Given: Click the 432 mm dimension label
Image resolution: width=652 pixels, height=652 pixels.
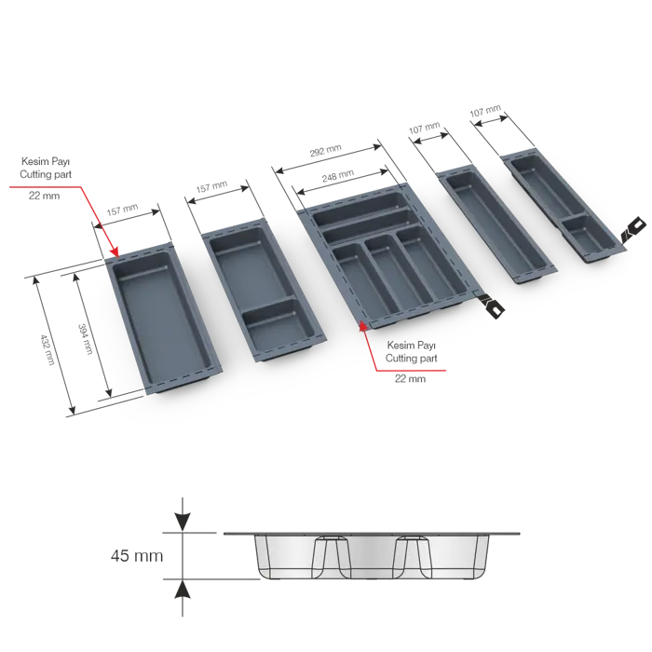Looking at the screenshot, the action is pos(48,349).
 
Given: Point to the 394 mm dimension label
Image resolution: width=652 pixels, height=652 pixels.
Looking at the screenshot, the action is pos(85,339).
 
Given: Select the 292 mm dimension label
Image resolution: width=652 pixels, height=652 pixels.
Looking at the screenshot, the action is pos(326,151).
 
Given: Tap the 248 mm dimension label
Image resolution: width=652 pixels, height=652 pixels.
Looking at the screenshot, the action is pos(338,176).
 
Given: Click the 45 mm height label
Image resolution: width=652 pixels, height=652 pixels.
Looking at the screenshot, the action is pos(137,555).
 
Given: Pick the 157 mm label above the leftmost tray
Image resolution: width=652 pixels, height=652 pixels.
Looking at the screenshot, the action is pos(122,210).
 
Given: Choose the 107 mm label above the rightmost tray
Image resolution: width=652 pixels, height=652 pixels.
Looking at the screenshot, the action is pos(485,111).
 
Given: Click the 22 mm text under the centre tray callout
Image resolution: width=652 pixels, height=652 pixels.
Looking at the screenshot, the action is pos(410,378).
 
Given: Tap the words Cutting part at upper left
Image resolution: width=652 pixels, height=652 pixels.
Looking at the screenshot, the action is pos(46,174).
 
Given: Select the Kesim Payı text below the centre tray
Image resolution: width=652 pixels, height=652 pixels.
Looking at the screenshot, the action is pos(412,346).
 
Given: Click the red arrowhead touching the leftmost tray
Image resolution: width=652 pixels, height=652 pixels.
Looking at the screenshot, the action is pos(115,251).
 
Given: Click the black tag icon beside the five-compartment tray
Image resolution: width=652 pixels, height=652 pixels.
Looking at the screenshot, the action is pos(491,306).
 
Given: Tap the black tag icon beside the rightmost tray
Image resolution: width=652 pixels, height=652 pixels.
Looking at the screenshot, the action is pos(633,228).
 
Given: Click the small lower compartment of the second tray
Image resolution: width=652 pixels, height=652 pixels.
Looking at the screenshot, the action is pos(279,322).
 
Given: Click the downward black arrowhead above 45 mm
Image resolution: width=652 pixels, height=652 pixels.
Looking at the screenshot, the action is pos(183,522).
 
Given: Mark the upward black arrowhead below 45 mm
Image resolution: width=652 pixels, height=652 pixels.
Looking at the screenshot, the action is pos(183,590).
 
